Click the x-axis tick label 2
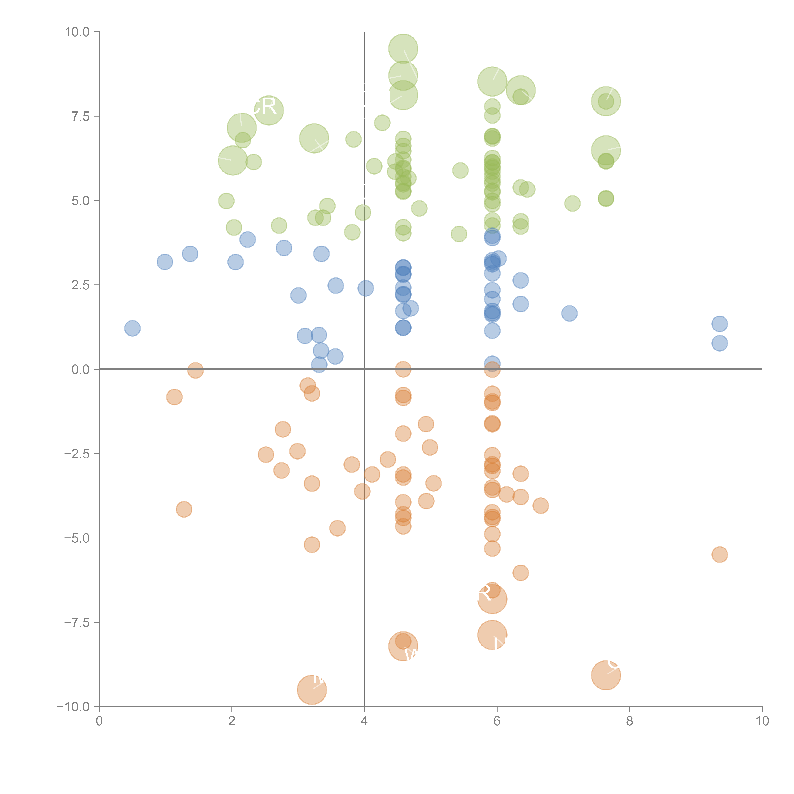[232, 721]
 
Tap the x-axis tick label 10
[762, 721]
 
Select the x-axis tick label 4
[364, 721]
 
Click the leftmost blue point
[132, 328]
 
